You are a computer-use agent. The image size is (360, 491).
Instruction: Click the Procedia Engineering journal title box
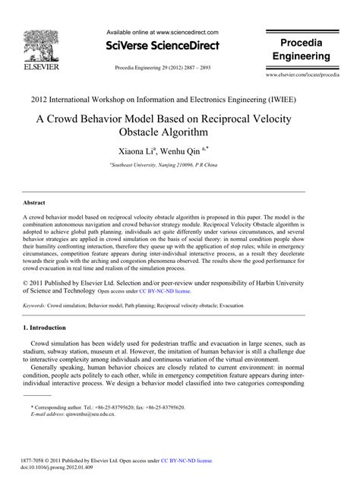pyautogui.click(x=302, y=49)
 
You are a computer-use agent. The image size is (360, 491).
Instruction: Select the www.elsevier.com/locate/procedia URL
pyautogui.click(x=302, y=76)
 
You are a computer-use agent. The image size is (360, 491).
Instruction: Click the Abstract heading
pyautogui.click(x=35, y=204)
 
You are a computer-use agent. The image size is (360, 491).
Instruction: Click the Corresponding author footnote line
pyautogui.click(x=106, y=407)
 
